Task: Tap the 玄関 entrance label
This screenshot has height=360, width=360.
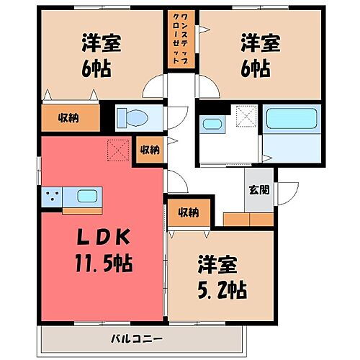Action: pyautogui.click(x=259, y=190)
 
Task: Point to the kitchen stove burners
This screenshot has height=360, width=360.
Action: pyautogui.click(x=52, y=195)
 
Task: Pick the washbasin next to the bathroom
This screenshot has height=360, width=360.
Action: pyautogui.click(x=212, y=124)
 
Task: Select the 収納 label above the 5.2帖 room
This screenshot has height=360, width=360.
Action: pyautogui.click(x=189, y=212)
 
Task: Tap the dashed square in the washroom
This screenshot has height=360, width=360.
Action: pyautogui.click(x=248, y=116)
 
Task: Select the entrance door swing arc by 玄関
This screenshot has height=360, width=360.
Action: pyautogui.click(x=289, y=190)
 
